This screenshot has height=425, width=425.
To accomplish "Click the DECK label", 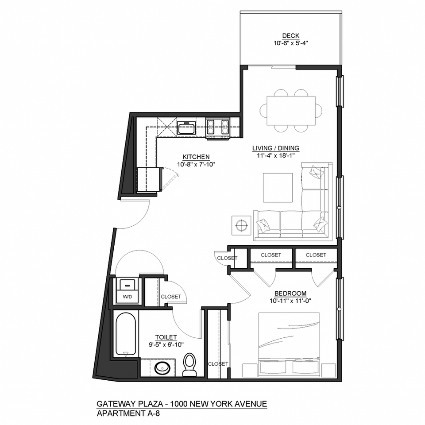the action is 291,35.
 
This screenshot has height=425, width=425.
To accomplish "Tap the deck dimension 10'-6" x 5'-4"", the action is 291,43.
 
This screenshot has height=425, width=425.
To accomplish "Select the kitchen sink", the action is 186,127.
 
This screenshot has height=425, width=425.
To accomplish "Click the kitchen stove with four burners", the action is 218,128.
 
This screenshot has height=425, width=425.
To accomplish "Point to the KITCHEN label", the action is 196,157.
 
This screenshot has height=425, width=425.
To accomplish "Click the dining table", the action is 291,111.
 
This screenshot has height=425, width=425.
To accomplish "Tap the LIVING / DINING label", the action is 276,148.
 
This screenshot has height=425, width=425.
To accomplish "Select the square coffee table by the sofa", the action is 278,188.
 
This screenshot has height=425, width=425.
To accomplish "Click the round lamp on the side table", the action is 241,225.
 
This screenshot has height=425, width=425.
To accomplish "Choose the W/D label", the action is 127,297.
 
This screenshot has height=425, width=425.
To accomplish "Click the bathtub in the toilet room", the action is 125,334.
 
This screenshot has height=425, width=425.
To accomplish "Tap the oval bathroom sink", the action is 162,368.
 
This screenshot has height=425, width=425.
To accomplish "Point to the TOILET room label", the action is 166,337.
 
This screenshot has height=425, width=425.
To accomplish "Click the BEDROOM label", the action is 290,293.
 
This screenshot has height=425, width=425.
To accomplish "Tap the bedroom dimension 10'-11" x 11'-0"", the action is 290,301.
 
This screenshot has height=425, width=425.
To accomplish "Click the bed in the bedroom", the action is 289,345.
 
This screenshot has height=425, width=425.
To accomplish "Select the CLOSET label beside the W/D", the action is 171,297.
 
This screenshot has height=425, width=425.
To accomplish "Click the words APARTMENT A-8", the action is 128,413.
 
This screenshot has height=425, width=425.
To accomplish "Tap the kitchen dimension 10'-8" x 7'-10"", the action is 196,164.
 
